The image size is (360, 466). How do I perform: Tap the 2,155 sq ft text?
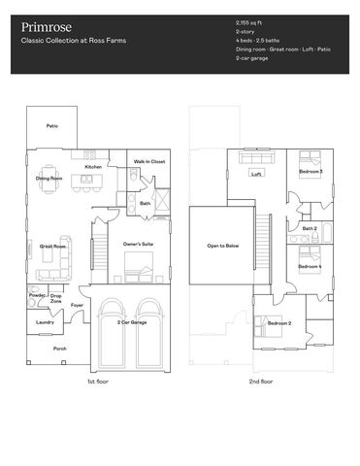(251, 20)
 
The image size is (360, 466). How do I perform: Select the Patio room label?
(51, 126)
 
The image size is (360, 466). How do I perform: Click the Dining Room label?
(50, 179)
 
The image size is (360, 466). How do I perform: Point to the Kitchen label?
(93, 167)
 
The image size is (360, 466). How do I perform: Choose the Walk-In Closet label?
(148, 161)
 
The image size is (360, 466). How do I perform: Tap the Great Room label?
(52, 247)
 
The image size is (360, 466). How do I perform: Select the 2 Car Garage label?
(131, 321)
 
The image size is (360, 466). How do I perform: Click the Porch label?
(59, 349)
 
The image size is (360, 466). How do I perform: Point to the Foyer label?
(77, 305)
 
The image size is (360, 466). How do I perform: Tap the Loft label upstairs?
(257, 175)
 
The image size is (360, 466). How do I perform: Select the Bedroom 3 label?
(311, 172)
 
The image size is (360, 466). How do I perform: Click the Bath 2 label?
(309, 229)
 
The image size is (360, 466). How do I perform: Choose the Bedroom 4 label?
(310, 266)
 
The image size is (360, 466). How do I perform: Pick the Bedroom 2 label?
(279, 323)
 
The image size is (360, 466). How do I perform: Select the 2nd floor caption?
(261, 382)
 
